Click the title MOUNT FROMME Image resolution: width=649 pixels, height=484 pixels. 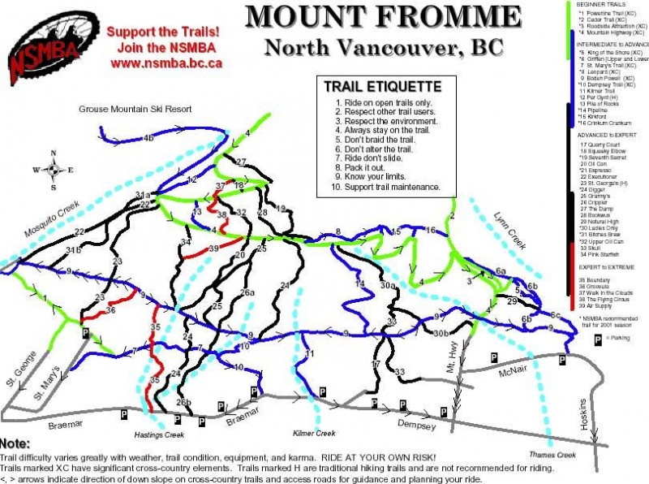[384, 17]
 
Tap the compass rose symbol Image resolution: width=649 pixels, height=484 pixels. [53, 170]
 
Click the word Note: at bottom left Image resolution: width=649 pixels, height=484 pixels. [15, 444]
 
